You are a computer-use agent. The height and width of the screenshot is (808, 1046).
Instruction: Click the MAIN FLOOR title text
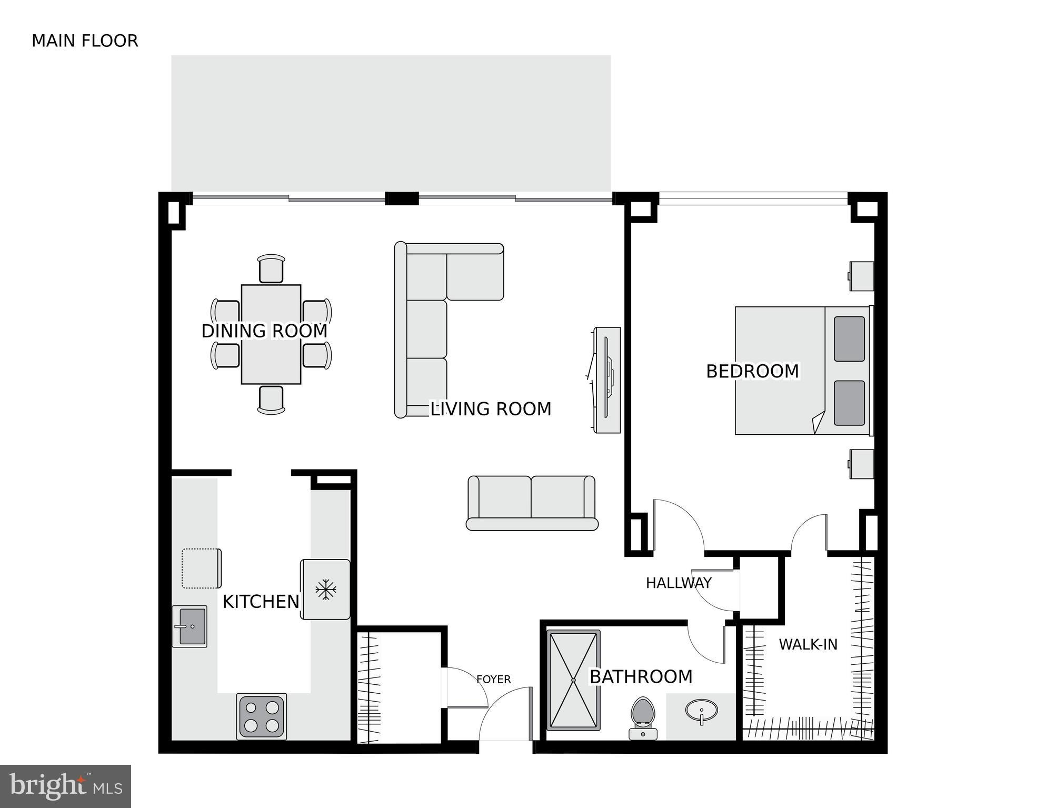85,41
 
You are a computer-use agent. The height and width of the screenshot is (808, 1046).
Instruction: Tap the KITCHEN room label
261,602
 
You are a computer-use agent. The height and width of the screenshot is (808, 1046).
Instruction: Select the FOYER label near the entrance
493,680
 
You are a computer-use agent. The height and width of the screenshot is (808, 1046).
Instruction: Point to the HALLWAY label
679,583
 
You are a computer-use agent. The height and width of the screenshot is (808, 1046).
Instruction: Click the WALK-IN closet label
808,644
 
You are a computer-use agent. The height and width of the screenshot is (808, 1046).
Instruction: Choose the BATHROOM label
641,677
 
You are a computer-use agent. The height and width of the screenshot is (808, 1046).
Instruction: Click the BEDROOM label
752,372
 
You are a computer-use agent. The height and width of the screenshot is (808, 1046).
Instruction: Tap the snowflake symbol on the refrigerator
326,590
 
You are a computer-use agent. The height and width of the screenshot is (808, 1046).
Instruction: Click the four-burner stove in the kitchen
262,716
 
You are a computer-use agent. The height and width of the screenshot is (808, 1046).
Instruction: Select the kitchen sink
190,626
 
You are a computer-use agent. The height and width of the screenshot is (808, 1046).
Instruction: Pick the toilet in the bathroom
643,717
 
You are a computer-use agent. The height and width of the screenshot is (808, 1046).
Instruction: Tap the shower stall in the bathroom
573,680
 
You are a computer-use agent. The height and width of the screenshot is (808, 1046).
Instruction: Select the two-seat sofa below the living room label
532,503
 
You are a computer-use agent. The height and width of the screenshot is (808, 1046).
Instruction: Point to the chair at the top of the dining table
271,269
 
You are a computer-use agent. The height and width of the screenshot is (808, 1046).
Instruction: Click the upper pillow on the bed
849,339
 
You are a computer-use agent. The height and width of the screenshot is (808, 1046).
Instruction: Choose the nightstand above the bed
862,276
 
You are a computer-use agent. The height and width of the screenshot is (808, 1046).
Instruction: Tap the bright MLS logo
65,786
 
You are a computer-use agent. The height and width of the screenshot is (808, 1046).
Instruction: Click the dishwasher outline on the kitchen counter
201,568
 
